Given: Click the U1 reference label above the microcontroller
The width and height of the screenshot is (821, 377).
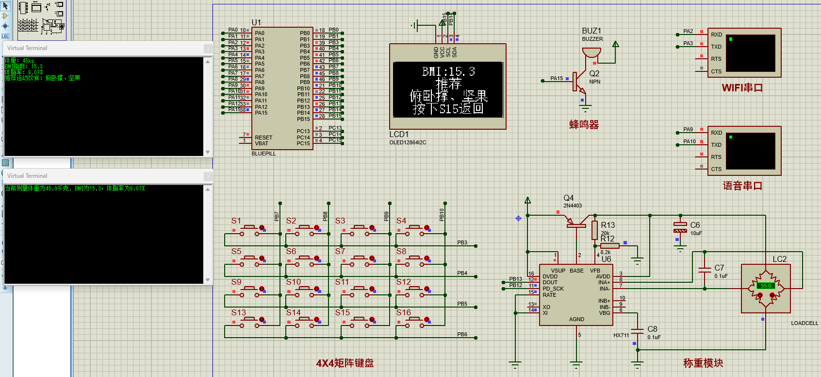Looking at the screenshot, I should click(x=256, y=22).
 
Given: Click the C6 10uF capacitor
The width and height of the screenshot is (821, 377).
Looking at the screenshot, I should click(x=680, y=227).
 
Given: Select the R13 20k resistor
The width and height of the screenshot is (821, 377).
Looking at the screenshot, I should click(x=594, y=230).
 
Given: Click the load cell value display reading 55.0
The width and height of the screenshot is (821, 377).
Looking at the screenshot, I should click(x=766, y=286).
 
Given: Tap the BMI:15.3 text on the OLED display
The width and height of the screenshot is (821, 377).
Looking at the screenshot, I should click(x=448, y=72).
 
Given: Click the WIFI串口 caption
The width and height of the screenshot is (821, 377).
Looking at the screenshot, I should click(x=742, y=88).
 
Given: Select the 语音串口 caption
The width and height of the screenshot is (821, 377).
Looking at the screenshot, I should click(x=742, y=186).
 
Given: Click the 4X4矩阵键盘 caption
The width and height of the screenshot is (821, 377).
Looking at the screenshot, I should click(x=345, y=363).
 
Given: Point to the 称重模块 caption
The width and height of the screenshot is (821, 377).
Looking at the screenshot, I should click(x=703, y=363).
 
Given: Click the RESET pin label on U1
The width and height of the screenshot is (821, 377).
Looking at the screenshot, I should click(x=263, y=137).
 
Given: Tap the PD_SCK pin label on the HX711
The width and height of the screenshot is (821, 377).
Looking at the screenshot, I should click(x=553, y=289).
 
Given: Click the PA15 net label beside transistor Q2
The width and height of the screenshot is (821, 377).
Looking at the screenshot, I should click(x=557, y=78).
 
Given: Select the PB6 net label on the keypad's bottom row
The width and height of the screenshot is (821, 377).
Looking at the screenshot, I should click(x=462, y=334).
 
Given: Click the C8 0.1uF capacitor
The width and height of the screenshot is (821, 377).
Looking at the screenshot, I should click(x=637, y=332).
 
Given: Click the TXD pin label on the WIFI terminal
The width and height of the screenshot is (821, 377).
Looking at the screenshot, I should click(x=716, y=47).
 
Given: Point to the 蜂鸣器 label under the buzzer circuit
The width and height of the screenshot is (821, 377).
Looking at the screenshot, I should click(x=584, y=125).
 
